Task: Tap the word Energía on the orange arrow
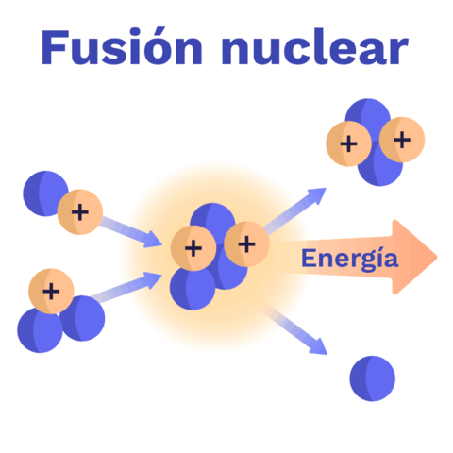[348, 258]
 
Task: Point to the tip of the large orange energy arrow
[435, 258]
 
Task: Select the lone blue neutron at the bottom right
[372, 378]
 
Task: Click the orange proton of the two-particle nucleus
[79, 211]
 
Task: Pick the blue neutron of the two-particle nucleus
[45, 192]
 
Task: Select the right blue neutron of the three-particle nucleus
[84, 319]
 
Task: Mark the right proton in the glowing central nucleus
[246, 243]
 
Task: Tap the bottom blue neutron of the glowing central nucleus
[193, 288]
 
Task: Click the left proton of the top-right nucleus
[348, 144]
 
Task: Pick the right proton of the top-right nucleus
[402, 140]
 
